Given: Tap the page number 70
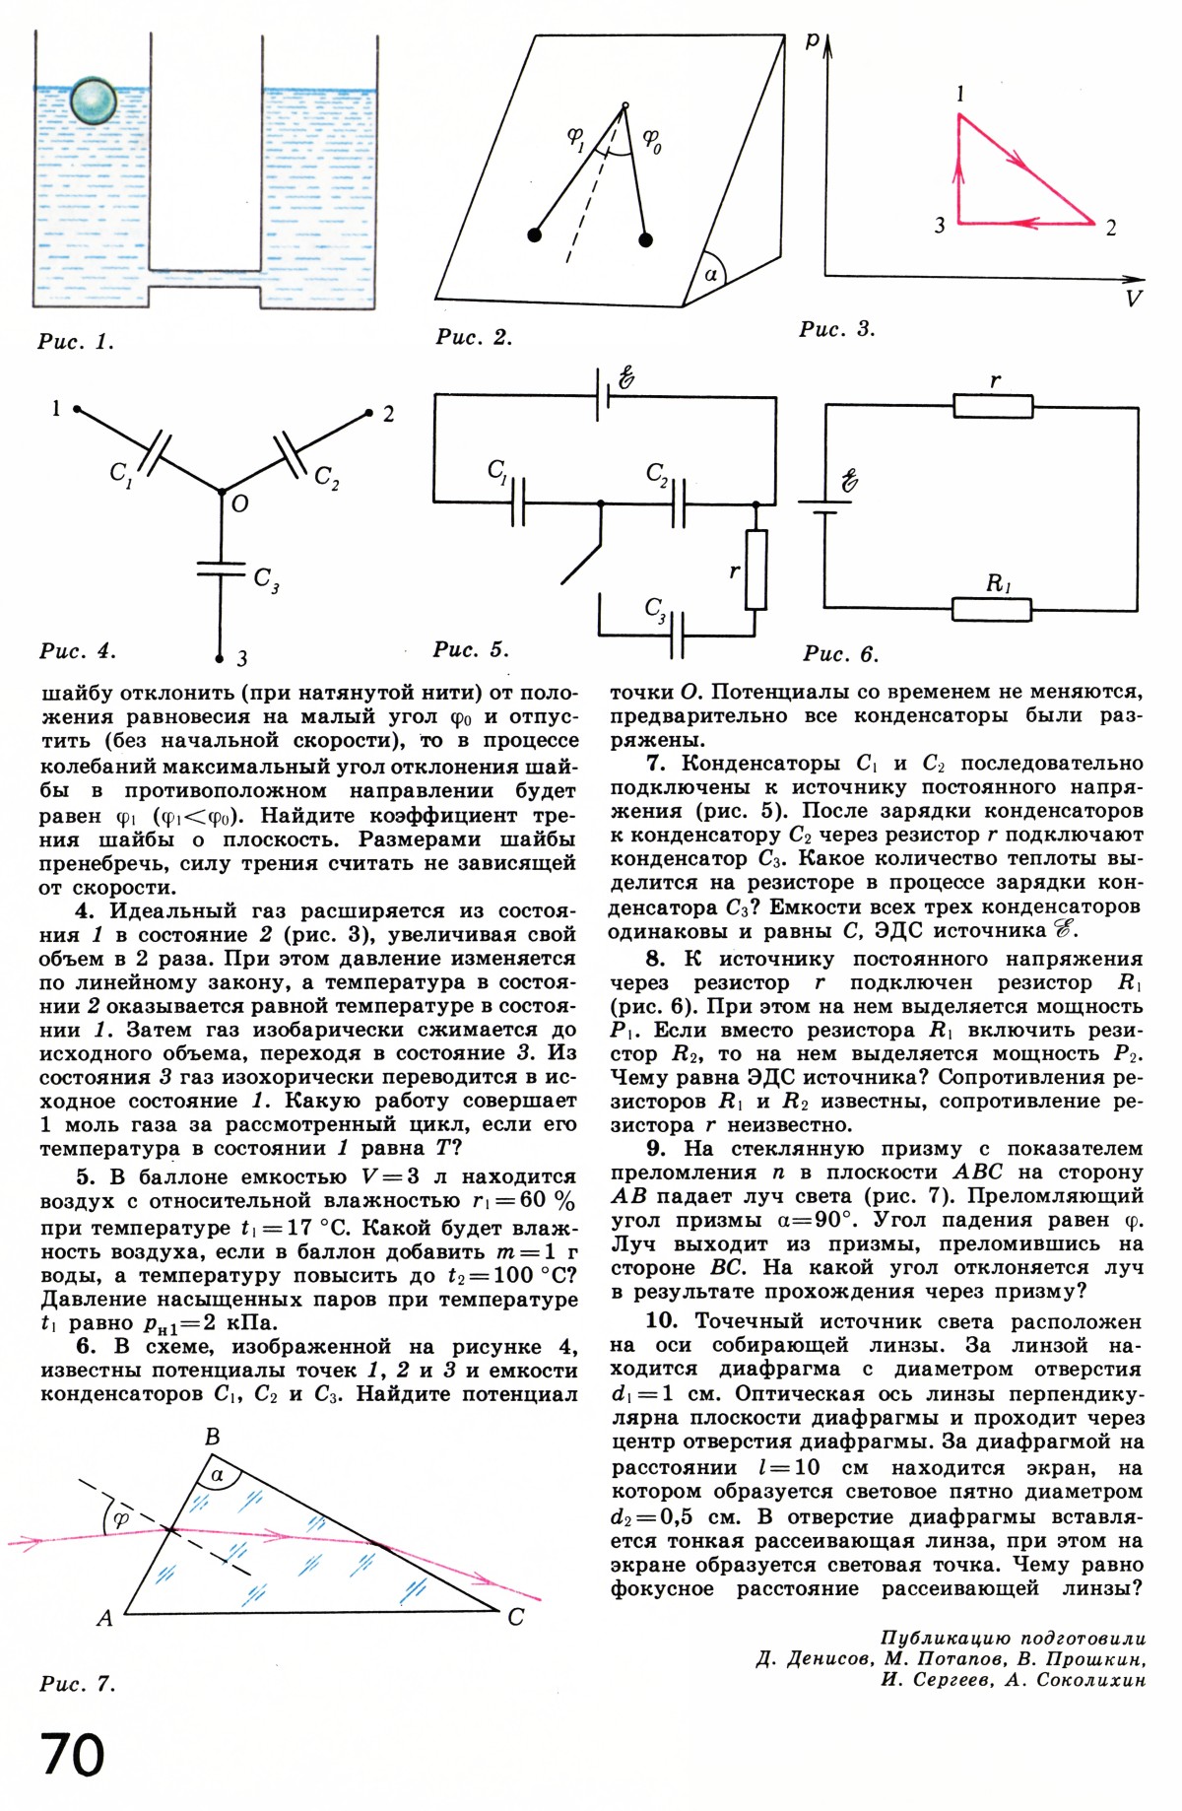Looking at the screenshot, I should (73, 1755).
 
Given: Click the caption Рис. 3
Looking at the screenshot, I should (836, 329).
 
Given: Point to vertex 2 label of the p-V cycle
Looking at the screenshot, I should (1111, 228).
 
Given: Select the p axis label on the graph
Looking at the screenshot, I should (812, 40).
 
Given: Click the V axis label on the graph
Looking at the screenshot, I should (1134, 299).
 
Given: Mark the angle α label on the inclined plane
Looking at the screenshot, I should (711, 274).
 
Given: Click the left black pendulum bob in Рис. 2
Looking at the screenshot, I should (534, 235).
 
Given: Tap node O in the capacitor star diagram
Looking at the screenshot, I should (222, 490).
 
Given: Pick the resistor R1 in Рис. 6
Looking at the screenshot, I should (992, 609).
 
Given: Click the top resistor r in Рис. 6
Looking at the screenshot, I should (993, 405).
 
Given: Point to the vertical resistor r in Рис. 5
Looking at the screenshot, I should (755, 570).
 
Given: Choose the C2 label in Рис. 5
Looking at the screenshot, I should (657, 475).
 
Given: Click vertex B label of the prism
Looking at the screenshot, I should (212, 1438).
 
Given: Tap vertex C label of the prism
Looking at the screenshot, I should (515, 1618).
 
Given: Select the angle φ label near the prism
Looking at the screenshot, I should (121, 1518).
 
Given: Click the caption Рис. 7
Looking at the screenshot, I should (78, 1684).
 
